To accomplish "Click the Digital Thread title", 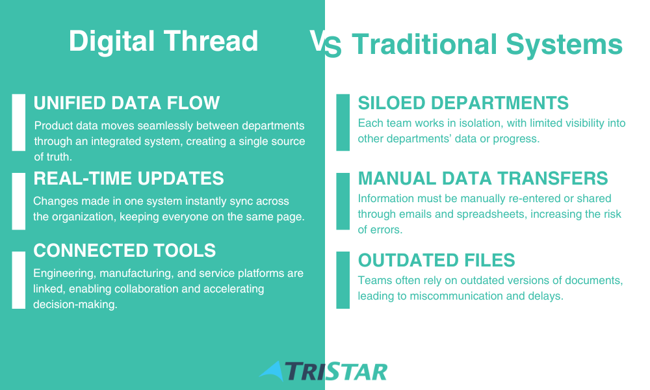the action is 163,41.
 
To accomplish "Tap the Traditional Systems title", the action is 487,44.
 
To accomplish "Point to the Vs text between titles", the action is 326,43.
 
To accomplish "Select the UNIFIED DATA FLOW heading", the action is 127,103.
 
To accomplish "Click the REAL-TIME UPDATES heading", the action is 129,179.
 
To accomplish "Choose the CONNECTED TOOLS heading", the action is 124,251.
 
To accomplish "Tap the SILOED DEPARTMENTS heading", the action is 463,103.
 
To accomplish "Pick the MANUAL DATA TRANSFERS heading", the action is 483,179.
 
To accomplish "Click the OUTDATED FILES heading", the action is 437,261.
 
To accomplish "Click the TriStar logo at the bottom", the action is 323,371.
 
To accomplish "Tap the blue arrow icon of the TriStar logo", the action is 272,370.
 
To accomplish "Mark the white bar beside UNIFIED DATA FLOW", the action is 19,122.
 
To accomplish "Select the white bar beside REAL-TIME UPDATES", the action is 19,201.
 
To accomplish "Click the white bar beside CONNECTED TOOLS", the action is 19,279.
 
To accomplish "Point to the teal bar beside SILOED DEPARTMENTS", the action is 343,122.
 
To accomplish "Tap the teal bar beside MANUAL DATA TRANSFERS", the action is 343,201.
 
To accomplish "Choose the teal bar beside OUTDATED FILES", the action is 343,279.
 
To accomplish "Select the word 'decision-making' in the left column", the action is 75,305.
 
